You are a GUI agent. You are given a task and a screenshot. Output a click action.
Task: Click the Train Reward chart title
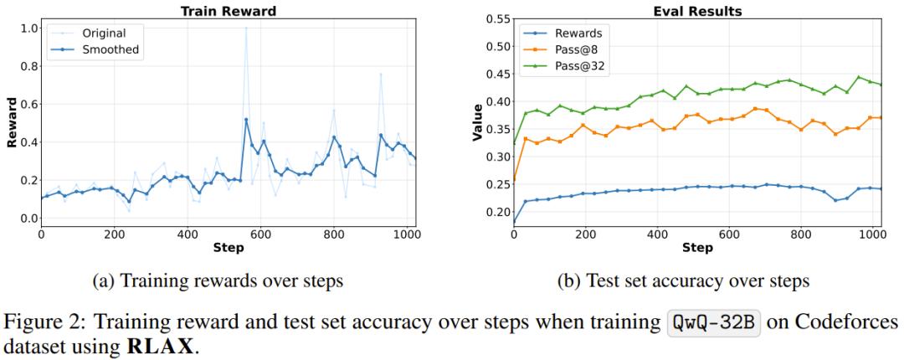coord(228,11)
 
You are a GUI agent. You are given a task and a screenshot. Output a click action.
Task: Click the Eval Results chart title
coord(685,11)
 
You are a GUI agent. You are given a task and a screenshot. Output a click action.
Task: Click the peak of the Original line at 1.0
coord(246,28)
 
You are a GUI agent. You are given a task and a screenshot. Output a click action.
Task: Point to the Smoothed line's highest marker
coord(246,119)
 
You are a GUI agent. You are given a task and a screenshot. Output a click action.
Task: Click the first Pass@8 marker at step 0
coord(513,179)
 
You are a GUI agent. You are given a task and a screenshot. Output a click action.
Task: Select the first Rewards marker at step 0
coord(513,224)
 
